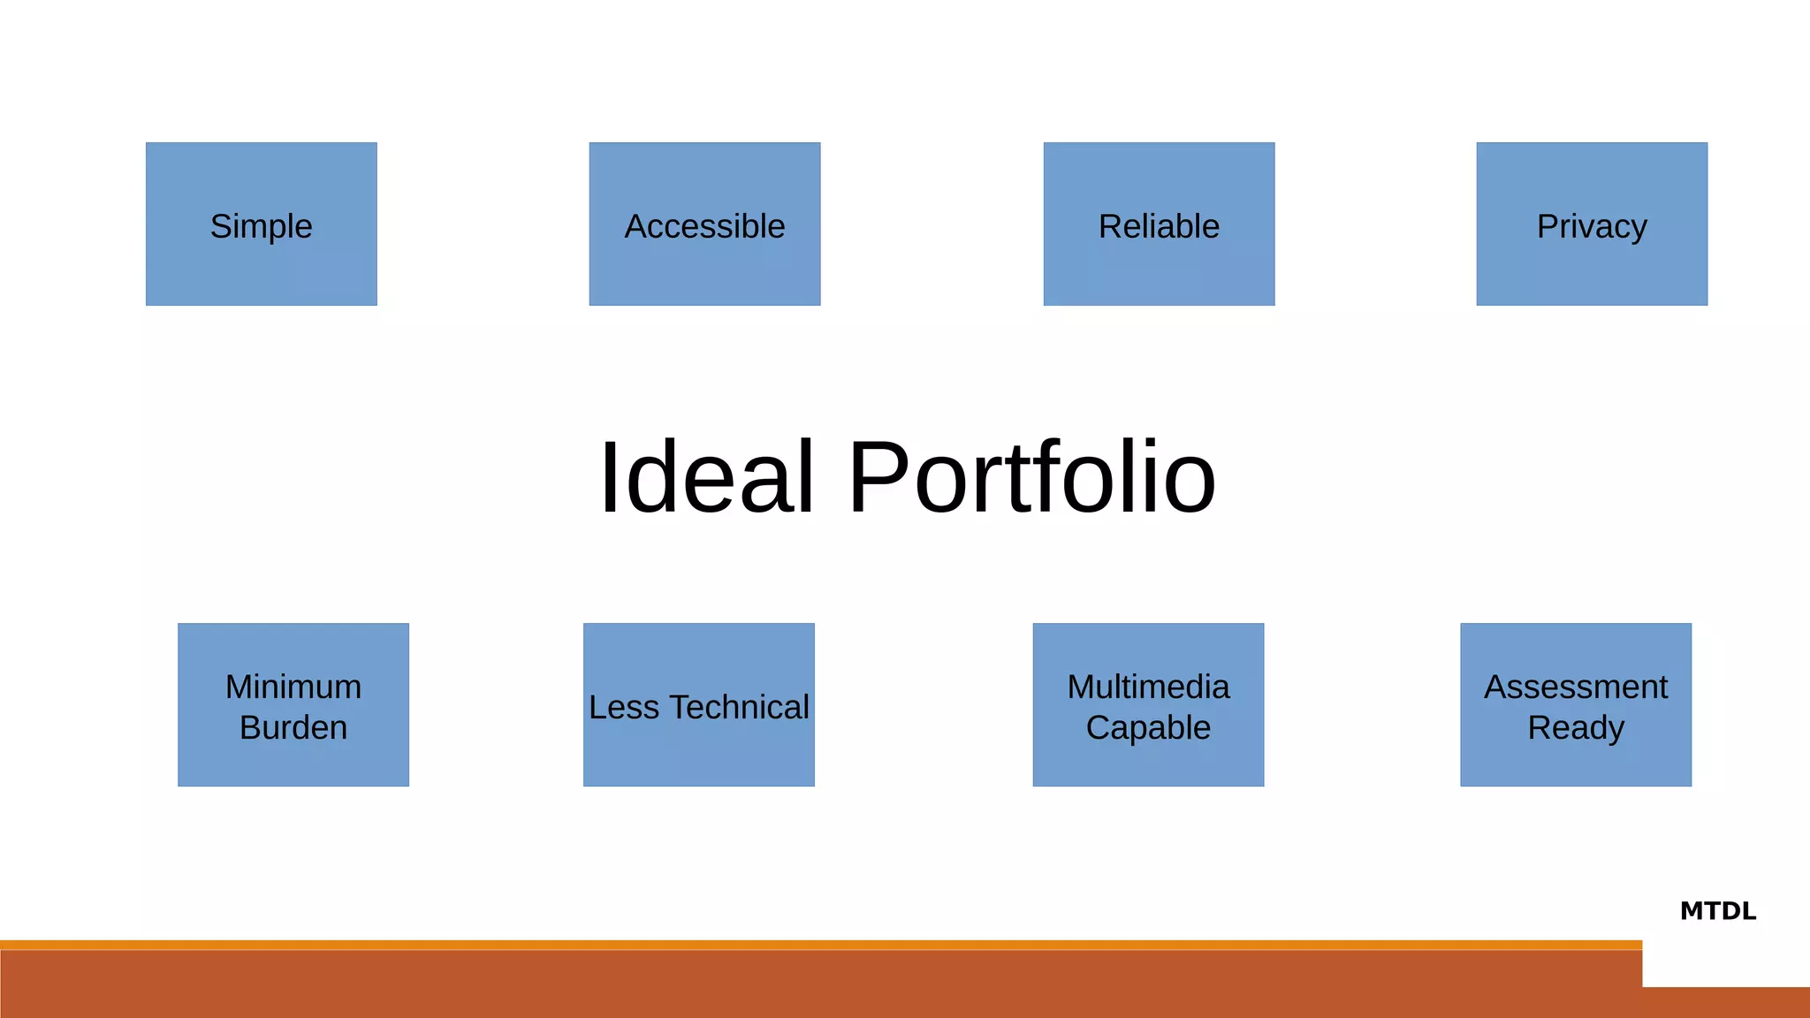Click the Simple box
pyautogui.click(x=262, y=224)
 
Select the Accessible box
pyautogui.click(x=704, y=224)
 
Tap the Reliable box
pyautogui.click(x=1159, y=224)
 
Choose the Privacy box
pyautogui.click(x=1592, y=224)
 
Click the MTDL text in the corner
pyautogui.click(x=1717, y=911)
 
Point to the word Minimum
pyautogui.click(x=293, y=687)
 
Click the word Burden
pyautogui.click(x=293, y=727)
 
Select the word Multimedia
pyautogui.click(x=1148, y=687)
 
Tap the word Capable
pyautogui.click(x=1148, y=727)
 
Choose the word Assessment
pyautogui.click(x=1576, y=687)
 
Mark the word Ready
pyautogui.click(x=1576, y=727)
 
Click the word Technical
pyautogui.click(x=739, y=707)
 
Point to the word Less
pyautogui.click(x=624, y=707)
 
